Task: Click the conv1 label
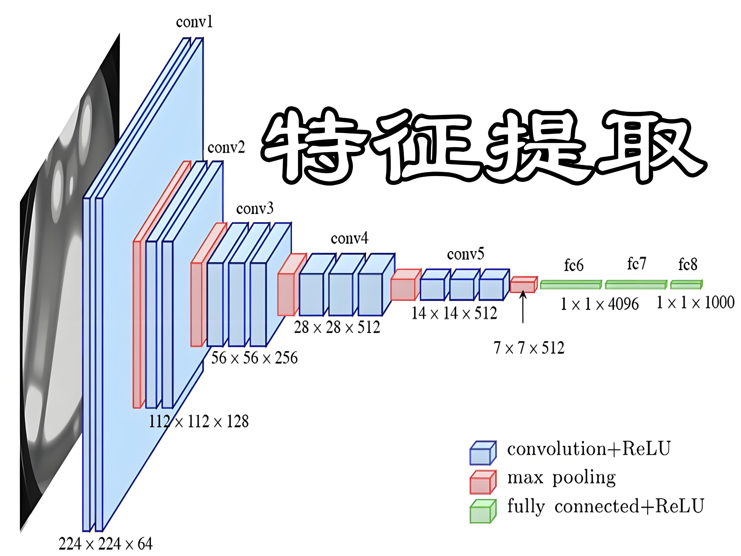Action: tap(194, 22)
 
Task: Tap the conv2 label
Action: tap(226, 147)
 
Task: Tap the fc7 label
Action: tap(636, 264)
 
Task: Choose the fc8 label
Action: tap(688, 264)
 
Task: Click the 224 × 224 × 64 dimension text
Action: tap(105, 544)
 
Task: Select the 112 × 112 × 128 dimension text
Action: tap(199, 421)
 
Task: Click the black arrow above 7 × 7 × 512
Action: tap(523, 307)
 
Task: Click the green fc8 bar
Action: tap(686, 285)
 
